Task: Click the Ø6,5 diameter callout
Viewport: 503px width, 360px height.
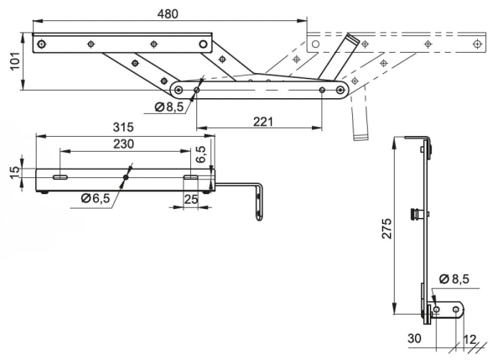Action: pos(97,198)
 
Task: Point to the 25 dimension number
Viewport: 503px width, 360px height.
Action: pos(191,200)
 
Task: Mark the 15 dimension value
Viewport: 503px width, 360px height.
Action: pos(13,171)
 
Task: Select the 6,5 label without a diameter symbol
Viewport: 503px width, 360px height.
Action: pos(200,154)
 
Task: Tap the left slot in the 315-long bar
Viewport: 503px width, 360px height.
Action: pos(60,178)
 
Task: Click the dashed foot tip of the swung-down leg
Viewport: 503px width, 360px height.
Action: pos(361,134)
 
